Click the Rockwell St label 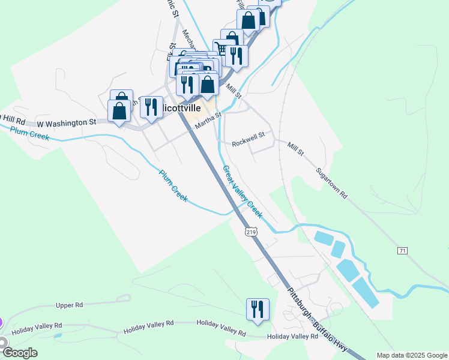249,143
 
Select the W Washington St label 66,122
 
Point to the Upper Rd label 69,305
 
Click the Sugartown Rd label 332,184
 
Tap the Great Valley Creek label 243,191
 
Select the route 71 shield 402,250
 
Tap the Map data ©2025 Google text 411,355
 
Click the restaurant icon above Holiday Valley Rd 258,310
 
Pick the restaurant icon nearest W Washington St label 151,107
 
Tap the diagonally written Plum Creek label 173,186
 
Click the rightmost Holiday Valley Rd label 292,337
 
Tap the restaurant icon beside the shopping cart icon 237,56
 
